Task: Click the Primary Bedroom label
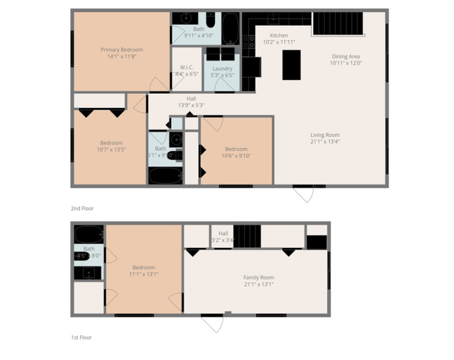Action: tap(122, 50)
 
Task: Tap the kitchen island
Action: tap(291, 64)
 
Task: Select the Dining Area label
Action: tap(346, 56)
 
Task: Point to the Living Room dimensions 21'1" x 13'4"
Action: tap(325, 141)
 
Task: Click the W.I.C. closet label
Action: tap(186, 67)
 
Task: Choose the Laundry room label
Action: tap(222, 69)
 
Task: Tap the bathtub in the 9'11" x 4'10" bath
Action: tap(230, 28)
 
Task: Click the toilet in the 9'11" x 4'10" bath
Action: tap(211, 21)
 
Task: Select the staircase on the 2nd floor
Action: tap(338, 24)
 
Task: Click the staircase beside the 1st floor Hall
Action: tap(247, 236)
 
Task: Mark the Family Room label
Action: tap(259, 277)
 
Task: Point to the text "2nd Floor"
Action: tap(82, 209)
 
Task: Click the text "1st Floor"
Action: tap(82, 337)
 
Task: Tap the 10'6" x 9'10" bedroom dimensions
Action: tap(236, 155)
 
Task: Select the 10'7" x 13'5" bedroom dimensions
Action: tap(111, 149)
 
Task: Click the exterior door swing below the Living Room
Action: tap(304, 194)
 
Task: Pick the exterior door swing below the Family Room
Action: tap(212, 324)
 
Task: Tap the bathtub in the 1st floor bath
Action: tap(88, 234)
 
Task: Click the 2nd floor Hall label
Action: tap(191, 99)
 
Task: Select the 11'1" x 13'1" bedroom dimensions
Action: tap(144, 274)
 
